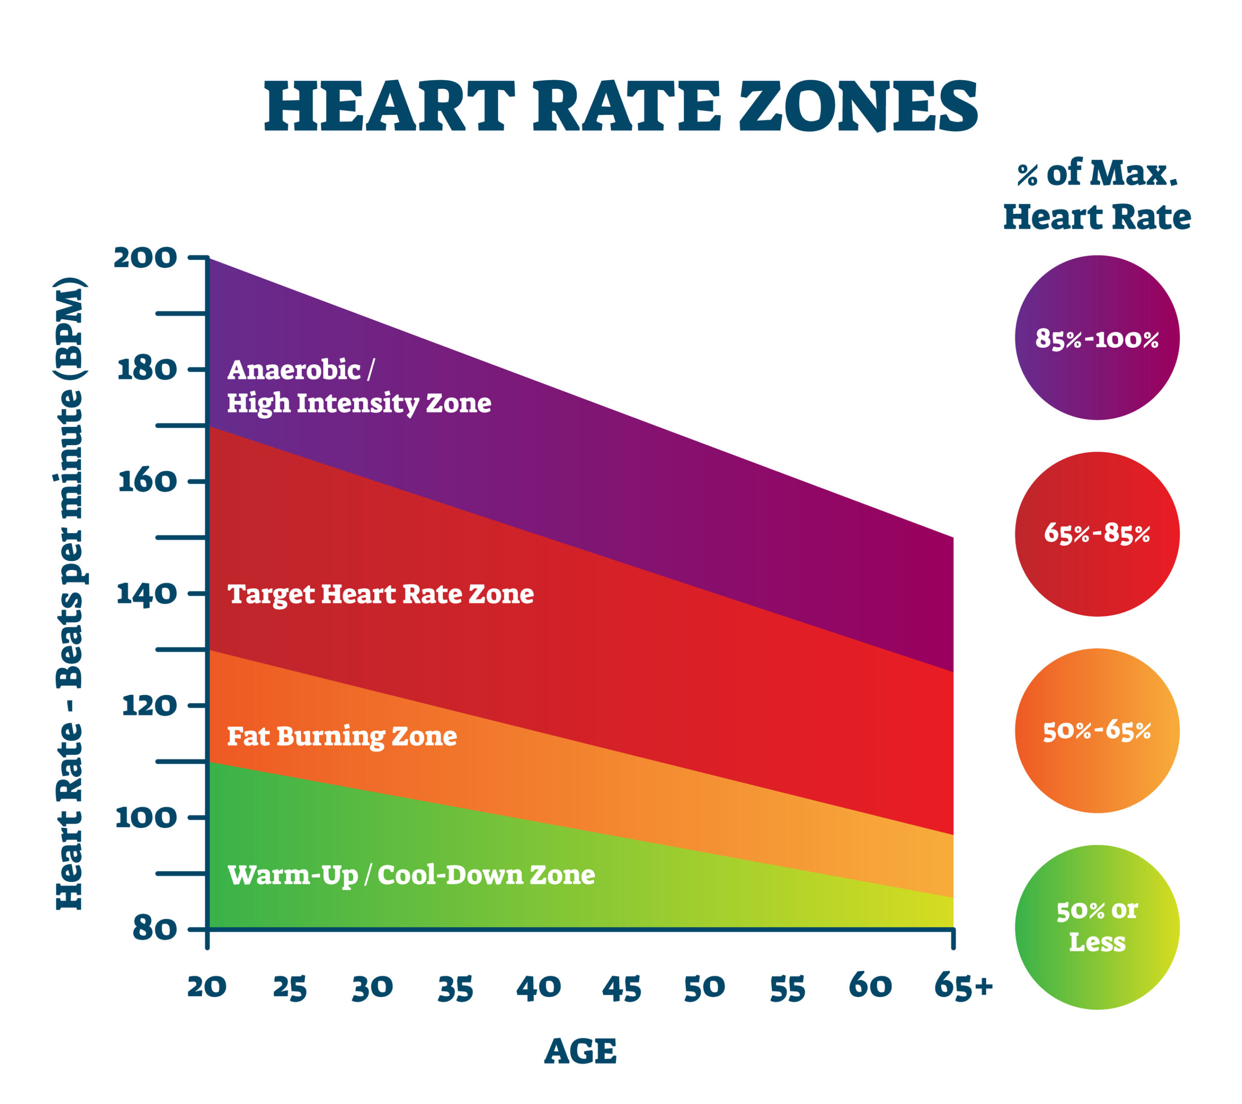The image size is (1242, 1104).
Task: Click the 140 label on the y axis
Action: [x=147, y=594]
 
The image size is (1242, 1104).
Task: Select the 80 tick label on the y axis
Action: [x=155, y=928]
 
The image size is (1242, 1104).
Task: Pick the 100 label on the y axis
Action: [x=146, y=817]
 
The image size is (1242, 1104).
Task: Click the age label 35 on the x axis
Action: [x=455, y=989]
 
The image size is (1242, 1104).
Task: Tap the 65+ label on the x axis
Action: [x=963, y=986]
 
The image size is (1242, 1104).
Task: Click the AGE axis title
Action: [x=580, y=1052]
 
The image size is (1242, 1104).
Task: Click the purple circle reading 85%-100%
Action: [x=1097, y=338]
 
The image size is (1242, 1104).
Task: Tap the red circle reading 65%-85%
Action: [x=1097, y=534]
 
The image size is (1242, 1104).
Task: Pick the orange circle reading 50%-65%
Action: [x=1097, y=731]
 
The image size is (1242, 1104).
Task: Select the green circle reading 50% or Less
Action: [x=1097, y=927]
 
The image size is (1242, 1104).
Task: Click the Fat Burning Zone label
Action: [x=342, y=736]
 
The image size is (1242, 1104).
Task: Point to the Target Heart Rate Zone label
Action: [x=380, y=594]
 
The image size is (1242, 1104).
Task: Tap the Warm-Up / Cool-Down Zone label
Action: [x=411, y=875]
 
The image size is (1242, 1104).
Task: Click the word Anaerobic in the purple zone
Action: [x=294, y=370]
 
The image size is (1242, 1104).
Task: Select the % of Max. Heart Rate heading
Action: [x=1097, y=195]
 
